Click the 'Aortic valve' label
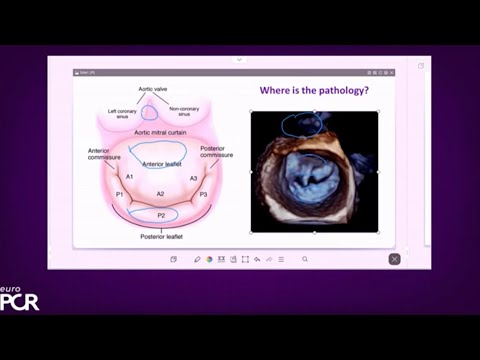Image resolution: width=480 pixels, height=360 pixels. tap(151, 88)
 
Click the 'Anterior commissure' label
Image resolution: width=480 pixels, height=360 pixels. tap(104, 155)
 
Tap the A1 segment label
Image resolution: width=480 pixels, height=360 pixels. tap(130, 176)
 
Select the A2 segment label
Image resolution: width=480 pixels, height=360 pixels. tap(160, 194)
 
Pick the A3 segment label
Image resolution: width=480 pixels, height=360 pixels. tap(193, 176)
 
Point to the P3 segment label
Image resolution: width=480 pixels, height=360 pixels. tap(203, 194)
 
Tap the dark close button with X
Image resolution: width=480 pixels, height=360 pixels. tap(394, 259)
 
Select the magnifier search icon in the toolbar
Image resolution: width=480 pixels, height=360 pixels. tap(305, 259)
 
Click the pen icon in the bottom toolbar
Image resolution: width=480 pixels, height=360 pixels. tap(197, 259)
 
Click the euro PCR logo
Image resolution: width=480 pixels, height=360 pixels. tap(19, 297)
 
